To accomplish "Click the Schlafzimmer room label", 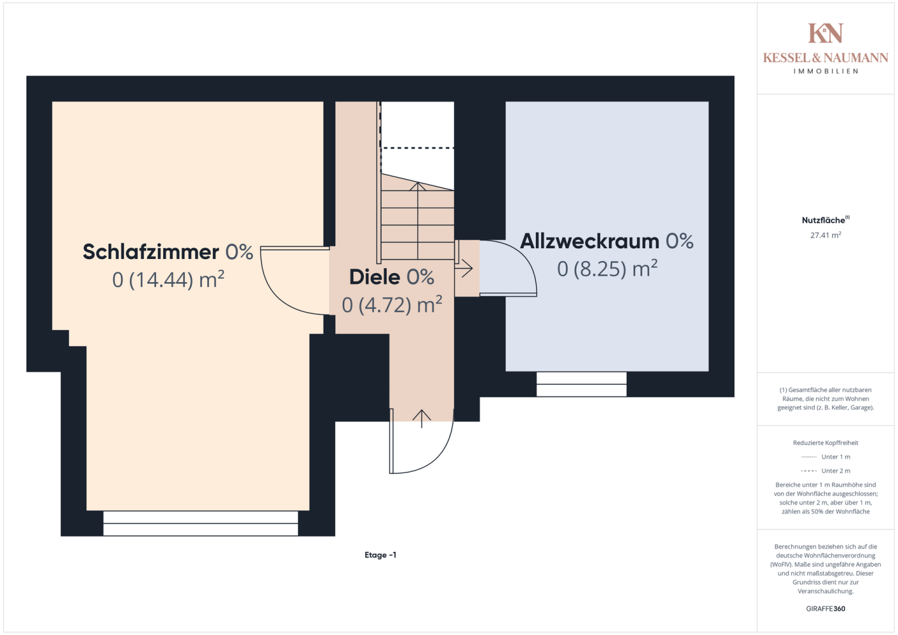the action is pyautogui.click(x=168, y=251).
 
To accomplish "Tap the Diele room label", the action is pyautogui.click(x=392, y=277).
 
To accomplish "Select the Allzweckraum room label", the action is pyautogui.click(x=606, y=241).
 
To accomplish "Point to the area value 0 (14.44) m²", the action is pyautogui.click(x=168, y=279).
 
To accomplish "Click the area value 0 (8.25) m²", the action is pyautogui.click(x=607, y=268).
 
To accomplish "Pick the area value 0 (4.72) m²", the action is pyautogui.click(x=392, y=304).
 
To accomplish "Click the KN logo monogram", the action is pyautogui.click(x=826, y=33).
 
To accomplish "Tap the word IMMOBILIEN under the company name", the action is pyautogui.click(x=826, y=71).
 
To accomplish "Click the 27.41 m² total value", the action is pyautogui.click(x=826, y=235).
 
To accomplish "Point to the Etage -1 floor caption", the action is pyautogui.click(x=380, y=555).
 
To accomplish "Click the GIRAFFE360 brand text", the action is pyautogui.click(x=826, y=608).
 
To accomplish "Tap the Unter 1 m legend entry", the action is pyautogui.click(x=826, y=457).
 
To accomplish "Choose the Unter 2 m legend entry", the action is pyautogui.click(x=826, y=471).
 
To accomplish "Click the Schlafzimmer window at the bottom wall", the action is pyautogui.click(x=201, y=523).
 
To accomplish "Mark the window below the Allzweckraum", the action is pyautogui.click(x=581, y=384).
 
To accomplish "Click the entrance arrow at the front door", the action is pyautogui.click(x=421, y=419).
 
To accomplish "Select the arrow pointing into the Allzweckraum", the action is pyautogui.click(x=464, y=268).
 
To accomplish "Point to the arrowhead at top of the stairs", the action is pyautogui.click(x=417, y=186).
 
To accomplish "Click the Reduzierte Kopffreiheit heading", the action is pyautogui.click(x=826, y=443).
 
